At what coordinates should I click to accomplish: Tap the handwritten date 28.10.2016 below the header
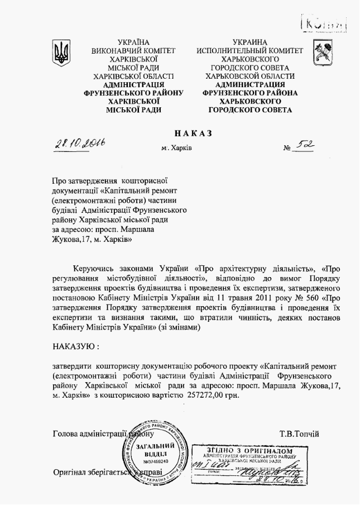coord(80,145)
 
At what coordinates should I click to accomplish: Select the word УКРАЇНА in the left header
coord(134,42)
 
